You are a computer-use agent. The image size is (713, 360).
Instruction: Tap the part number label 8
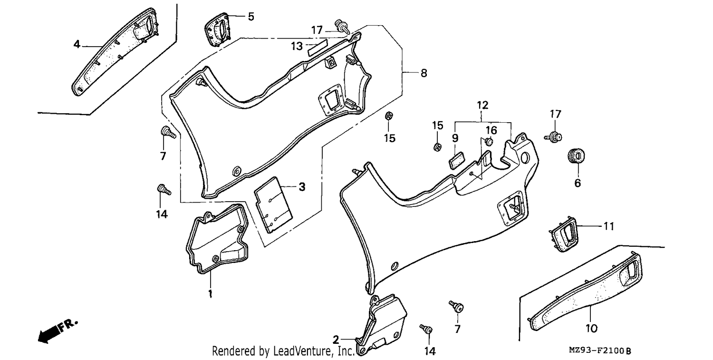click(424, 73)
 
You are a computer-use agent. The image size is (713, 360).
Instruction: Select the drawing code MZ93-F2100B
click(600, 351)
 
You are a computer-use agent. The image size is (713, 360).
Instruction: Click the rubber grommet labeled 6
click(576, 156)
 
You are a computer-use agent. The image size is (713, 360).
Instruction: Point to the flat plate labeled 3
click(273, 205)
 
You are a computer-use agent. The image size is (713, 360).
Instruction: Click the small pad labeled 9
click(457, 161)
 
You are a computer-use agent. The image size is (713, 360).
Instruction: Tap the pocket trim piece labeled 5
click(217, 29)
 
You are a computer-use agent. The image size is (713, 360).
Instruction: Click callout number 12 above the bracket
click(482, 106)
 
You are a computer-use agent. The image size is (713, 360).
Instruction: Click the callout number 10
click(591, 329)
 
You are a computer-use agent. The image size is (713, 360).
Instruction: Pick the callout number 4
click(77, 44)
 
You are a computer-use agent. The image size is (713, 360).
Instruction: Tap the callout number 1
click(210, 293)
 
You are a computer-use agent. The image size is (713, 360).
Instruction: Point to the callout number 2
click(336, 340)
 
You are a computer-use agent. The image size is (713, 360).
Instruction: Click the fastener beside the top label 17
click(341, 27)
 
